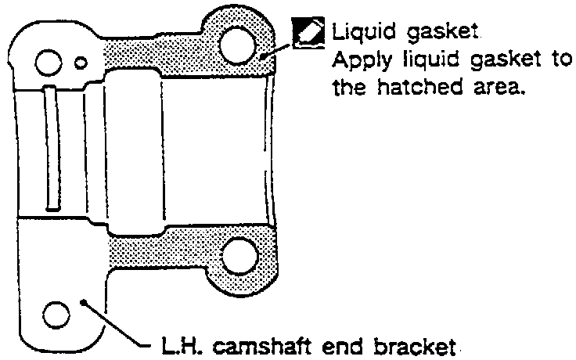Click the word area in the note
click(x=495, y=88)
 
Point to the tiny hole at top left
click(x=81, y=60)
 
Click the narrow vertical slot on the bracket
click(x=49, y=147)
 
